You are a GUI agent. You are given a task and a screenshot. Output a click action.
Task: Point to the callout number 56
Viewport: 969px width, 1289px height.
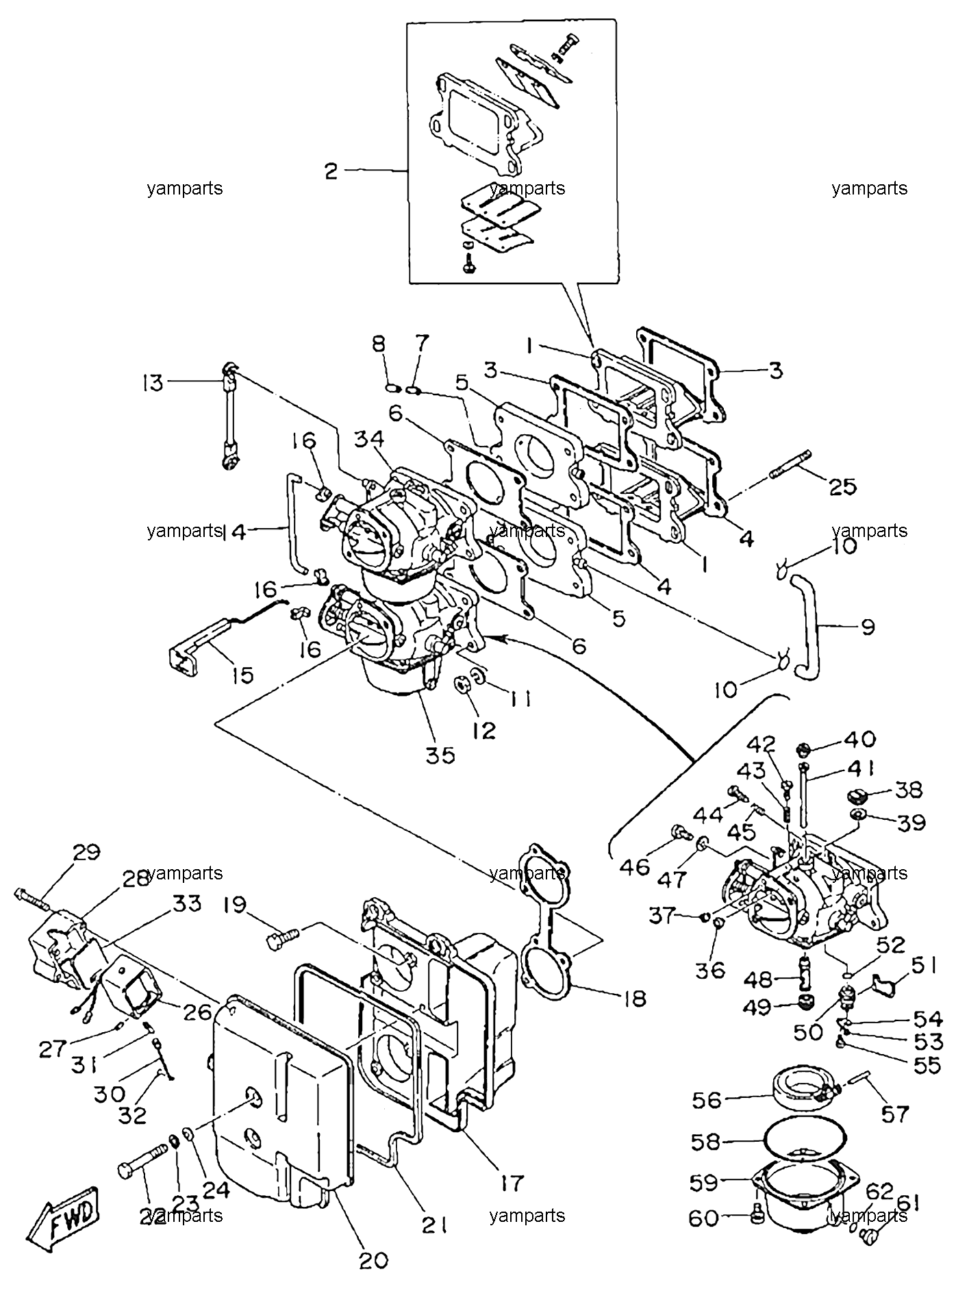707,1100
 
